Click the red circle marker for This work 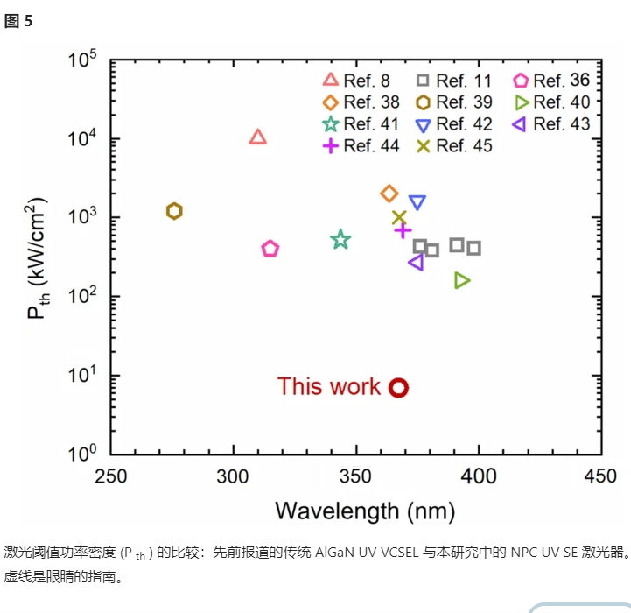coord(398,387)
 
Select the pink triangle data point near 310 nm coord(257,137)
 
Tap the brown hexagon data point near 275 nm coord(174,211)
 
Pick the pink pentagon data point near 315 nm coord(270,249)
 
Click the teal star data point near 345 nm coord(340,240)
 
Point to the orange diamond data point coord(389,194)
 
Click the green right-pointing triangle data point coord(462,280)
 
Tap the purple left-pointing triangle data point coord(416,263)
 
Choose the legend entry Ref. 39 coord(454,102)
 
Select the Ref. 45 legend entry coord(454,146)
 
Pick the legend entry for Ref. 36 coord(551,81)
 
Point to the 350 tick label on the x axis coord(355,476)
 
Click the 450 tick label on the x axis coord(599,476)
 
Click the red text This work coord(329,386)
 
